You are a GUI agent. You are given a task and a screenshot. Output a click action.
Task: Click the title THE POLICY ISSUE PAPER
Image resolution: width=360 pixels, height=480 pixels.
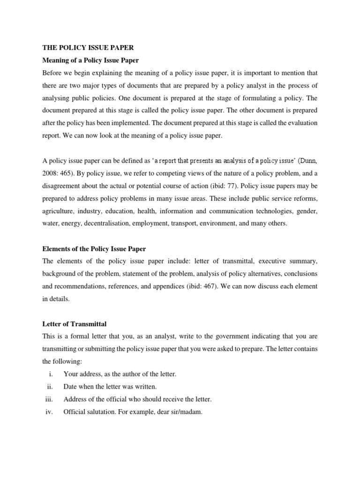(x=82, y=47)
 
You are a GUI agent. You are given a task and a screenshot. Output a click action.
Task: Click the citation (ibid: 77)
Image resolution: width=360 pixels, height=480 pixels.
(x=252, y=186)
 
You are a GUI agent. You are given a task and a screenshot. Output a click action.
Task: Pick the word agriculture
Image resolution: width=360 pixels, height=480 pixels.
(x=58, y=211)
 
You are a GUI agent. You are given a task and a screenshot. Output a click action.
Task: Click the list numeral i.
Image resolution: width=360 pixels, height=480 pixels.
(x=51, y=374)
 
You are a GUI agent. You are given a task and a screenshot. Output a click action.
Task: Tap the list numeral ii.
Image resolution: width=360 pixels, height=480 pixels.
(x=51, y=387)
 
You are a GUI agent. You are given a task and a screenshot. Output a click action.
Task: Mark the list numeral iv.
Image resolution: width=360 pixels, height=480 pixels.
(x=50, y=412)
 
